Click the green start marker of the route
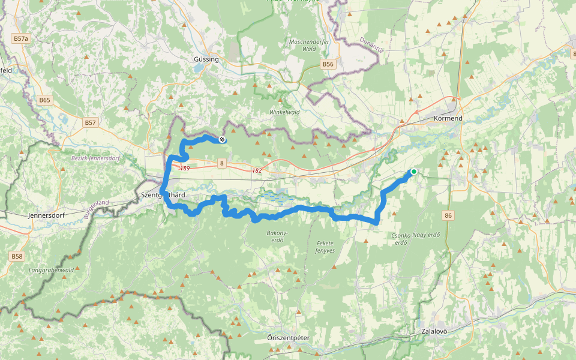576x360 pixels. (413, 172)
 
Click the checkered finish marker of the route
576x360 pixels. (223, 140)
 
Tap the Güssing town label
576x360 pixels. (206, 59)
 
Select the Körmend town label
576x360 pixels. (448, 119)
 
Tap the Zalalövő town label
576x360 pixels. (435, 331)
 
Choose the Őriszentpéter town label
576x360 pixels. (288, 338)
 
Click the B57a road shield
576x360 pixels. (20, 38)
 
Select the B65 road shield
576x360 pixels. (44, 100)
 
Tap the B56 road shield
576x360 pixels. (327, 64)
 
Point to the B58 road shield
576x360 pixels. (17, 256)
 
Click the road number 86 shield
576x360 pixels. (448, 214)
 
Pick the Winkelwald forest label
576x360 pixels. (284, 112)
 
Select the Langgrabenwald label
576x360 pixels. (51, 270)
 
